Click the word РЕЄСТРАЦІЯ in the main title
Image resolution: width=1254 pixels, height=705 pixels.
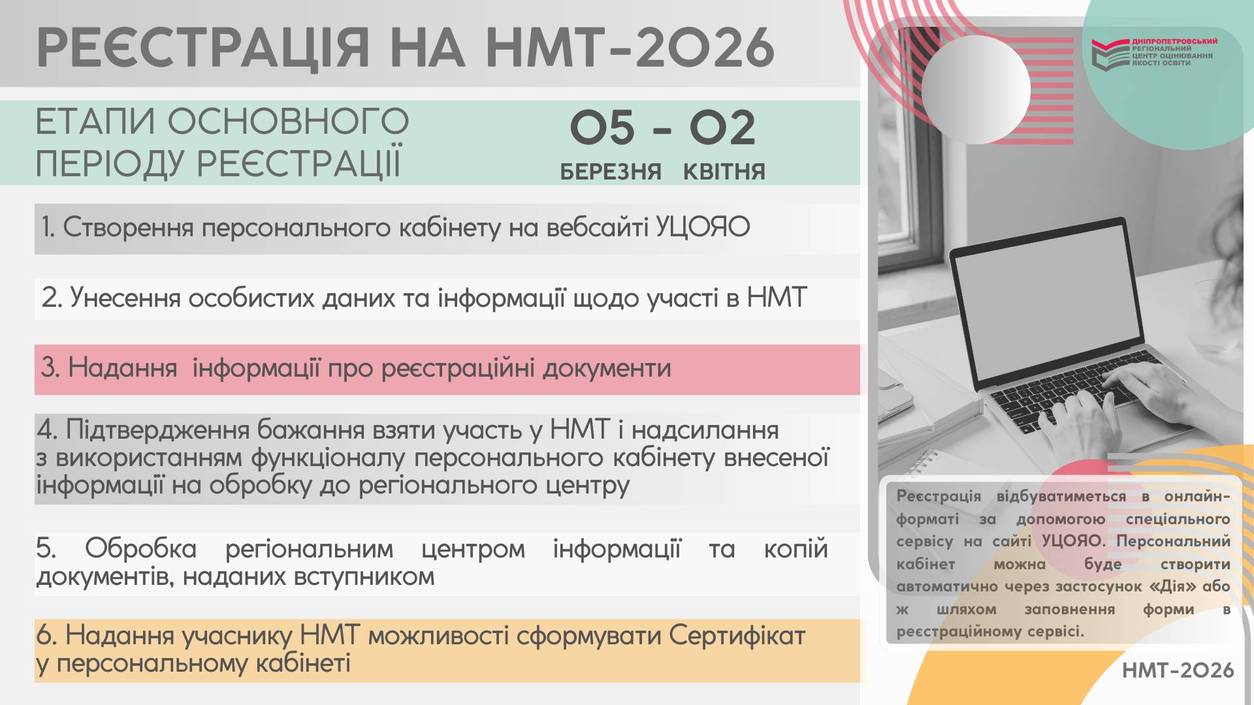point(203,48)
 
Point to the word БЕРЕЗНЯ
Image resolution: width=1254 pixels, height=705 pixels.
point(611,172)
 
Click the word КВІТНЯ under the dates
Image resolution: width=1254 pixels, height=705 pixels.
point(724,172)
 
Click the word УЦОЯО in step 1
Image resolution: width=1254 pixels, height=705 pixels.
point(703,227)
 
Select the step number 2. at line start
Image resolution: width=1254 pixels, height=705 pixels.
point(52,298)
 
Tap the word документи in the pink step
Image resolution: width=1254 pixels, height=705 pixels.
point(607,369)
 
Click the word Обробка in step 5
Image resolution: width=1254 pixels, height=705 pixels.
point(140,548)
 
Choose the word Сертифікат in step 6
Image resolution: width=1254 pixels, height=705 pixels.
point(737,636)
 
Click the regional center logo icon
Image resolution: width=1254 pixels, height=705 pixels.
point(1110,54)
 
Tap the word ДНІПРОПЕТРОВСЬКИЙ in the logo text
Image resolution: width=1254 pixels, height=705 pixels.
point(1174,41)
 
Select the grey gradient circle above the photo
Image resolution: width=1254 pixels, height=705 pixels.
point(976,89)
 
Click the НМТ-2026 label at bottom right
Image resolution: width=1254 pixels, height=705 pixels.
point(1178,670)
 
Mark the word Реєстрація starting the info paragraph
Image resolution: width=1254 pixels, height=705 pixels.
point(939,496)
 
